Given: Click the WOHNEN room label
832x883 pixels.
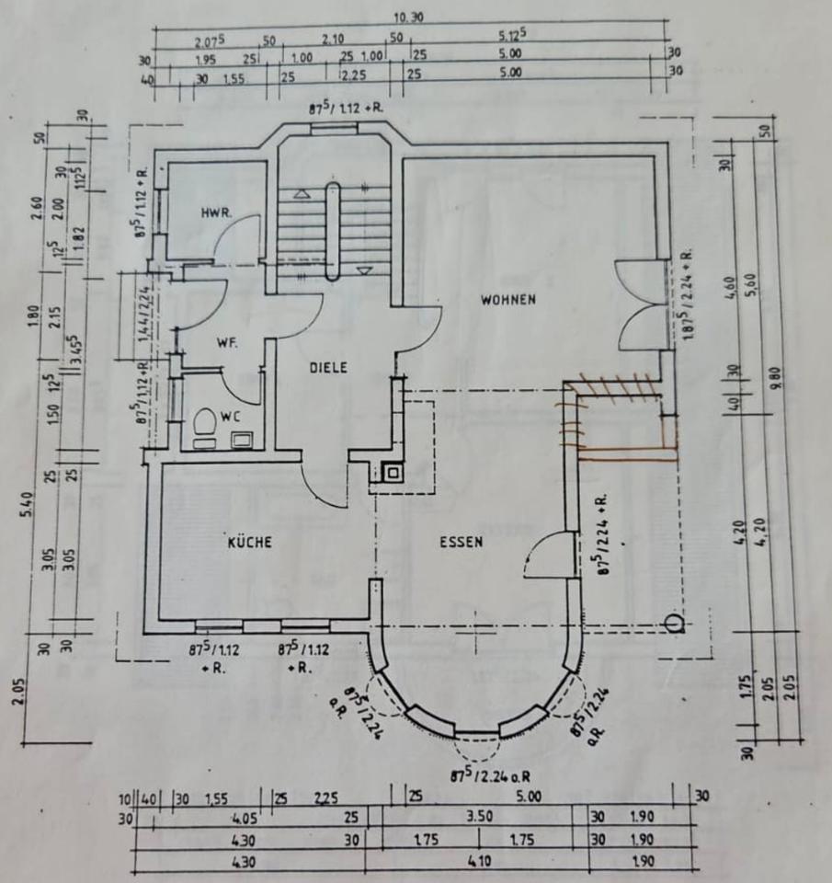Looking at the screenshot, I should point(507,299).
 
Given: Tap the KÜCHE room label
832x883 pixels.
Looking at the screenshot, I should point(249,543).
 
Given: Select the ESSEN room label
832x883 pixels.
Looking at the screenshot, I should point(461,542).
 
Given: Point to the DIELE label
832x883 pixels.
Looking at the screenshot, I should point(327,367).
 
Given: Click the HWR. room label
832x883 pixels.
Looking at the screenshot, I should point(216,212).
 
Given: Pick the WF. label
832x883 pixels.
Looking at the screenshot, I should point(227,343).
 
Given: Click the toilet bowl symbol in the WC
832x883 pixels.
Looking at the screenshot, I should point(204,422).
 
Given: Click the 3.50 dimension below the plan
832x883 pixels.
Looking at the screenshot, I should point(480,815).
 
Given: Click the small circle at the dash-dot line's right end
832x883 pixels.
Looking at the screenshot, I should point(676,625).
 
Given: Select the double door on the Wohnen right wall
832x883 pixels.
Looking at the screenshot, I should point(639,304).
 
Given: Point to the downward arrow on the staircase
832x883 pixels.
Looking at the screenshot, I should point(364,269).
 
